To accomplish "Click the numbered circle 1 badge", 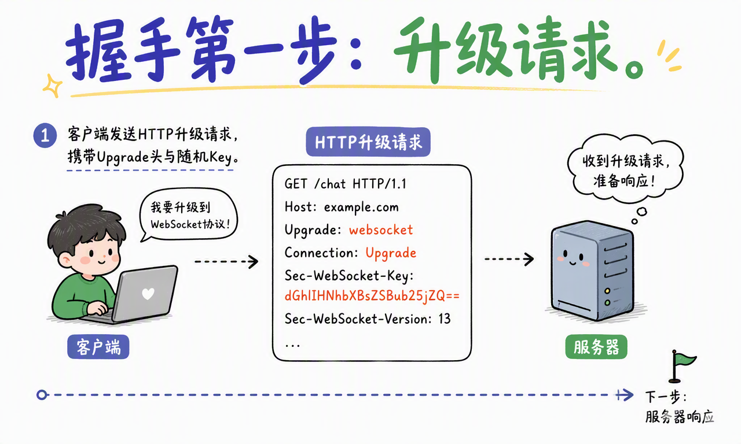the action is click(45, 135).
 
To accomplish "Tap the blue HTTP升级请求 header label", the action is click(368, 142).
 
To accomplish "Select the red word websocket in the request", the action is click(381, 230).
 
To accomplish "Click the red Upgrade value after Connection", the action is click(391, 253).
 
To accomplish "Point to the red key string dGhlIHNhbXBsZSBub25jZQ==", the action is click(372, 295).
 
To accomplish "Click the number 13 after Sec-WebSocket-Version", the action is click(445, 319).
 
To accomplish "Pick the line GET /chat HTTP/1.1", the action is click(346, 184).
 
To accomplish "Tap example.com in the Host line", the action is click(361, 207).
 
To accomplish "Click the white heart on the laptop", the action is click(148, 294).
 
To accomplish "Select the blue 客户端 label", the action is click(98, 347).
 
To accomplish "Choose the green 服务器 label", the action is click(596, 347).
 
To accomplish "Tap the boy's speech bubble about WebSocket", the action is click(189, 214).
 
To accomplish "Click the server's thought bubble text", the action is click(626, 172).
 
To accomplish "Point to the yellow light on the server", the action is click(607, 291).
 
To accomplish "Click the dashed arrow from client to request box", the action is click(226, 261).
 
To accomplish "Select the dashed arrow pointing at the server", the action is click(509, 259).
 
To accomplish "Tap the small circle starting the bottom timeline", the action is click(42, 395).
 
